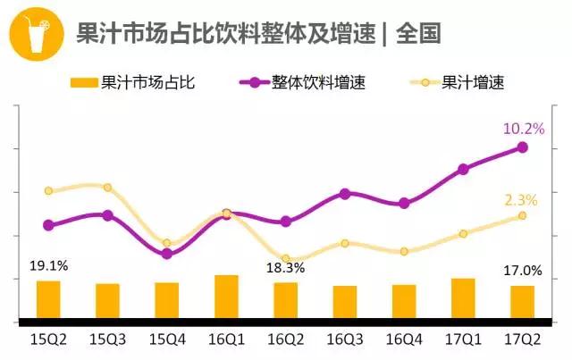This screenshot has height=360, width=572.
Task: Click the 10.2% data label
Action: (524, 129)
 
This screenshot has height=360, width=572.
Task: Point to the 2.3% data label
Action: (520, 199)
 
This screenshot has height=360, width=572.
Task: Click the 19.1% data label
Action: (49, 265)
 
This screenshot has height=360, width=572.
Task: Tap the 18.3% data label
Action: (285, 266)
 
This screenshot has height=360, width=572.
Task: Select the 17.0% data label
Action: (523, 270)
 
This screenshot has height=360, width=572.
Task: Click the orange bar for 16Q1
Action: (226, 297)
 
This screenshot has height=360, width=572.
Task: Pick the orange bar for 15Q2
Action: (48, 299)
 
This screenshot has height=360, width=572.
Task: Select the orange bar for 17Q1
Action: (463, 298)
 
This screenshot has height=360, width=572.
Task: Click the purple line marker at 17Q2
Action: (523, 147)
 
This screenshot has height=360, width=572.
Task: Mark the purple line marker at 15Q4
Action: (167, 254)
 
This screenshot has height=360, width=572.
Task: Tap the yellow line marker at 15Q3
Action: (107, 188)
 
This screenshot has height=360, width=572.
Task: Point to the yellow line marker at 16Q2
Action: (286, 259)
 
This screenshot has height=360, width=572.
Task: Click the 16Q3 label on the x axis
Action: (345, 339)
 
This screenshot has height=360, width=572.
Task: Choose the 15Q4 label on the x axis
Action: (167, 339)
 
